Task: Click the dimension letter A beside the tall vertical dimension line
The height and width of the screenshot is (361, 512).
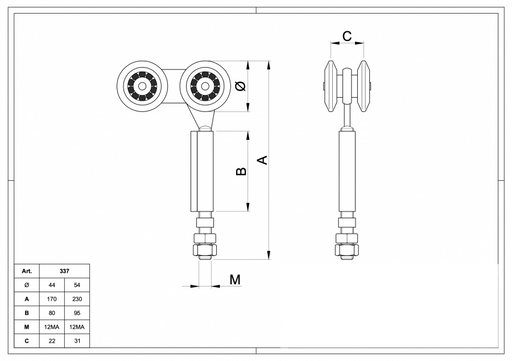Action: tap(263, 160)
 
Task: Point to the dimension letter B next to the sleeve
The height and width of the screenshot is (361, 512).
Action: tap(241, 171)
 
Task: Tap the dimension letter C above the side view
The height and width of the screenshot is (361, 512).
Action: tap(347, 36)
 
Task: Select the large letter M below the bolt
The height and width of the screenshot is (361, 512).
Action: tap(235, 279)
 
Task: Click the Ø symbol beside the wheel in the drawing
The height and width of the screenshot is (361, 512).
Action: tap(240, 86)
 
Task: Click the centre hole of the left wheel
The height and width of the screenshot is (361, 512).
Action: tap(142, 86)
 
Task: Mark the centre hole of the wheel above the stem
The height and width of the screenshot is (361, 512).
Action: tap(205, 86)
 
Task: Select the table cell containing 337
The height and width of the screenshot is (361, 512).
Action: tap(64, 271)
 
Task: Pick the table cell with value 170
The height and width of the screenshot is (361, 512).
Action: tap(52, 299)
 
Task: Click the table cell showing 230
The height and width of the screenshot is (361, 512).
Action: tap(77, 299)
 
